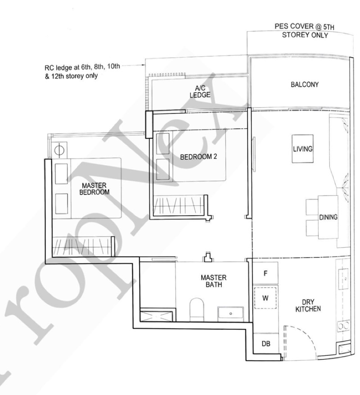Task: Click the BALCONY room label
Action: [x=304, y=84]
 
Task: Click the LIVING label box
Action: [x=303, y=149]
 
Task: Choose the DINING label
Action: [x=328, y=217]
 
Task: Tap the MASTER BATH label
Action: [x=213, y=281]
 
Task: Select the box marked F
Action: [x=265, y=273]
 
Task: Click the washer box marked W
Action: [x=265, y=298]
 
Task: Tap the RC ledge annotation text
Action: [x=79, y=73]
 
